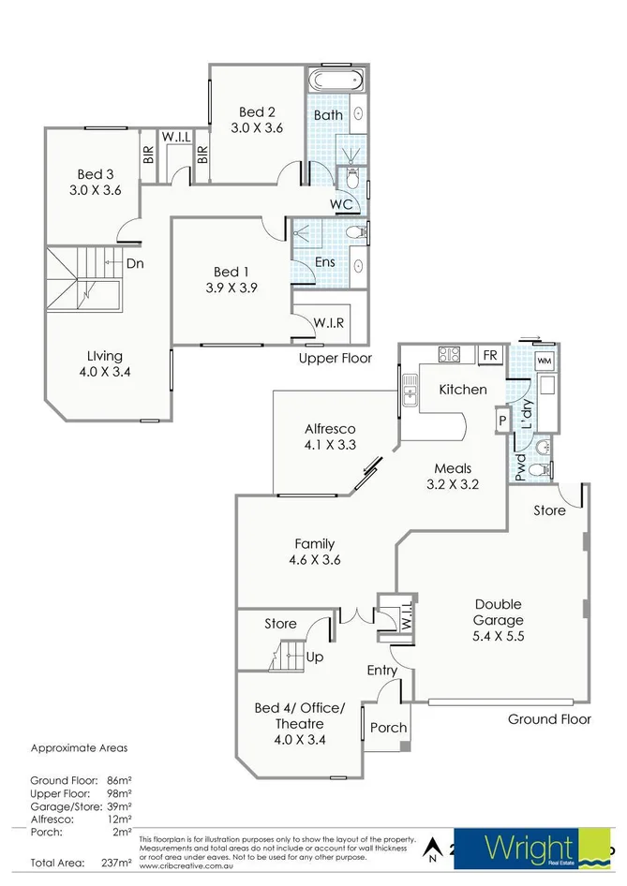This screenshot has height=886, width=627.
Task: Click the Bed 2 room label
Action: tap(257, 120)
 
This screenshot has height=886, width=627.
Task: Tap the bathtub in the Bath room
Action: tap(337, 80)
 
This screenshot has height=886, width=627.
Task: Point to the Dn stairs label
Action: tap(134, 264)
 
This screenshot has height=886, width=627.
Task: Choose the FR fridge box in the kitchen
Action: tap(489, 355)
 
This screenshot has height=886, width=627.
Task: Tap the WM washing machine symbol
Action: tap(545, 360)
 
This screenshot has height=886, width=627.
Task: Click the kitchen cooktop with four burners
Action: tap(449, 355)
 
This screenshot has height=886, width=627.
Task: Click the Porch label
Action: tap(388, 728)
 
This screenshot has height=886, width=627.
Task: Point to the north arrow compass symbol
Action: tap(432, 849)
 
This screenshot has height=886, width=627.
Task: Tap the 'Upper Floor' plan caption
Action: tap(335, 358)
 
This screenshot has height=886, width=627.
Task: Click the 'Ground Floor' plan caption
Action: tap(549, 719)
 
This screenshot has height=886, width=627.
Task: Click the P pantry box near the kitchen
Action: tap(502, 421)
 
